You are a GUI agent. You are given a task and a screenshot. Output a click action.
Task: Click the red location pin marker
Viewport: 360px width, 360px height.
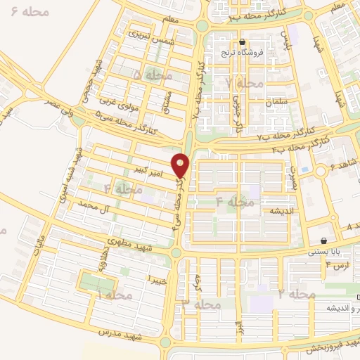point(181,165)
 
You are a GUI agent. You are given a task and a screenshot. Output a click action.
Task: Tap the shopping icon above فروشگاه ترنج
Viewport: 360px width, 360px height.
point(242,41)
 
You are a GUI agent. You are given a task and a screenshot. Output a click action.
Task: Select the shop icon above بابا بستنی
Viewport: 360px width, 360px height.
point(323,240)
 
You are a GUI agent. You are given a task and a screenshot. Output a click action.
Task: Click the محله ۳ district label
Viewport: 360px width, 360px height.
point(202,304)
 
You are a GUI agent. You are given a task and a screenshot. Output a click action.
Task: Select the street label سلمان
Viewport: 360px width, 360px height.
point(278,102)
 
